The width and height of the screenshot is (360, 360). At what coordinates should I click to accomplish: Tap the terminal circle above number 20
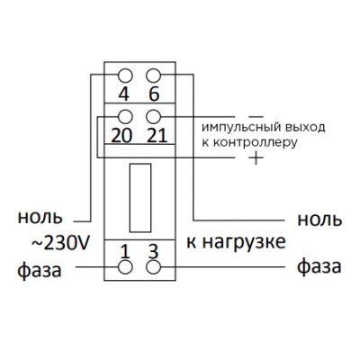pos(126,116)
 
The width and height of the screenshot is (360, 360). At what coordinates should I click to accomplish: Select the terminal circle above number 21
pos(153,116)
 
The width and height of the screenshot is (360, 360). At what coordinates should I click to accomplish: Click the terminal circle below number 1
pos(126,267)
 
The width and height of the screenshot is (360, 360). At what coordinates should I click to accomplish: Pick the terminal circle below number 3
pos(153,267)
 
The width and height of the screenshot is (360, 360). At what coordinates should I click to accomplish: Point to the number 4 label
pos(126,94)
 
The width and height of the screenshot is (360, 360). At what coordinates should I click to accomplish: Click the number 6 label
pos(153,94)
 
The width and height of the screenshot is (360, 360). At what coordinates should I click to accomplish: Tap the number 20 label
pos(125,136)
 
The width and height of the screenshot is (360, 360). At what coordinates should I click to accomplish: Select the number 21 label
pos(155,136)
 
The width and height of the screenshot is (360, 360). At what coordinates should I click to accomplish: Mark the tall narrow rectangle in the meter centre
pos(139,199)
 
